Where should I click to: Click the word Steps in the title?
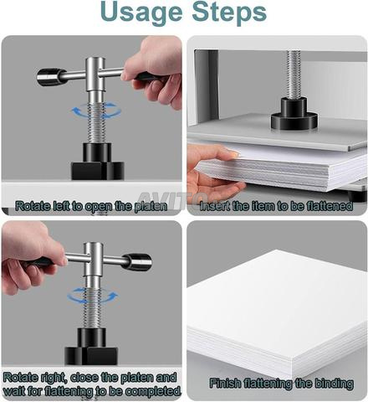pos(229,13)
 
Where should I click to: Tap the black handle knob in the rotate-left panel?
pos(49,76)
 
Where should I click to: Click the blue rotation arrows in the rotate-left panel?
pos(97,111)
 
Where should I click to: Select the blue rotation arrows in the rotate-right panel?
pos(92,296)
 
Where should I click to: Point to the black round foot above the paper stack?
pos(294,114)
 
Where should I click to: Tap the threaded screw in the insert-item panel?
pos(294,75)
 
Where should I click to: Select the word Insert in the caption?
pos(214,206)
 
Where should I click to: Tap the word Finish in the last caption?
pos(225,383)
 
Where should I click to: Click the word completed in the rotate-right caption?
pos(151,390)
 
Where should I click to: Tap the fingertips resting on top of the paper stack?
pos(229,153)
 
